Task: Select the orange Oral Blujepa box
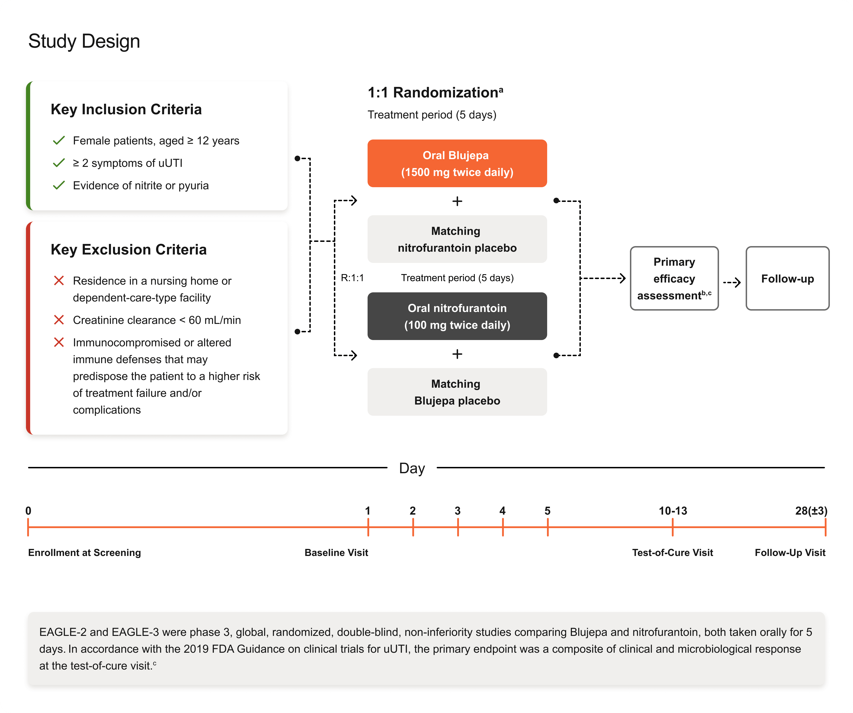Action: pyautogui.click(x=457, y=163)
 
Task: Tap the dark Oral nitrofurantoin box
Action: pyautogui.click(x=457, y=316)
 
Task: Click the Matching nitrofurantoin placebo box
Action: pyautogui.click(x=457, y=239)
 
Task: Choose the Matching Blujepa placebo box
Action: pyautogui.click(x=457, y=392)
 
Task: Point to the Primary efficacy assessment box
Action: pyautogui.click(x=674, y=279)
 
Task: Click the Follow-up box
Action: pyautogui.click(x=788, y=279)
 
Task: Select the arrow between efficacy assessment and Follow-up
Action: pyautogui.click(x=732, y=282)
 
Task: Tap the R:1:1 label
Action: pyautogui.click(x=352, y=278)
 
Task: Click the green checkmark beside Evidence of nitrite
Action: pyautogui.click(x=59, y=186)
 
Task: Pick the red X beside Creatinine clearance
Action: pyautogui.click(x=59, y=320)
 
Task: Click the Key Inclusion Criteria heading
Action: pyautogui.click(x=126, y=109)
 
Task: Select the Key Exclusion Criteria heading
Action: pyautogui.click(x=129, y=249)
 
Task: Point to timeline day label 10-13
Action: pyautogui.click(x=673, y=511)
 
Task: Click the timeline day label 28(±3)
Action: pyautogui.click(x=811, y=511)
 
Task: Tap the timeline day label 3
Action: pyautogui.click(x=457, y=511)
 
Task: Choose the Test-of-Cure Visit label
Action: pyautogui.click(x=673, y=553)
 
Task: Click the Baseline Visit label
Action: pyautogui.click(x=336, y=553)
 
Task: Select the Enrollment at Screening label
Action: pyautogui.click(x=84, y=553)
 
